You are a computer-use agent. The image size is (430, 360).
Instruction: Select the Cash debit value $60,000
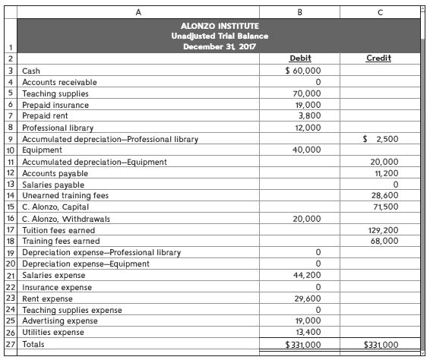point(303,70)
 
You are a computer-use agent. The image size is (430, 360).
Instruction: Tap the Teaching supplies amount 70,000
point(306,93)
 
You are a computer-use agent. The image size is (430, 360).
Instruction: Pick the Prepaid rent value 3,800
point(308,116)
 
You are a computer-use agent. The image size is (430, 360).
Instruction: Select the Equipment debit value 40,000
point(306,150)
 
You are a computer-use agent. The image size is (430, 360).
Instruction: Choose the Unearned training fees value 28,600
point(383,196)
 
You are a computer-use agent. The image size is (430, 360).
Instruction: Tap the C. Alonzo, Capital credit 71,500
point(383,207)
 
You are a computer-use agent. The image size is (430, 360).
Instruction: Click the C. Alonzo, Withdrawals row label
point(66,219)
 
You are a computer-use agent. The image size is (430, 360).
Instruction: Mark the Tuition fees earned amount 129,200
point(381,230)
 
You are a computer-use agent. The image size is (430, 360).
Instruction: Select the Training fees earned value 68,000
point(383,241)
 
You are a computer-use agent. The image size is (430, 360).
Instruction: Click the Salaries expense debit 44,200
point(306,275)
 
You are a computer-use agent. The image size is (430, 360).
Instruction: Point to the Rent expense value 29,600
point(306,298)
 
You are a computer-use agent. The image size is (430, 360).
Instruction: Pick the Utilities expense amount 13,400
point(306,333)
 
